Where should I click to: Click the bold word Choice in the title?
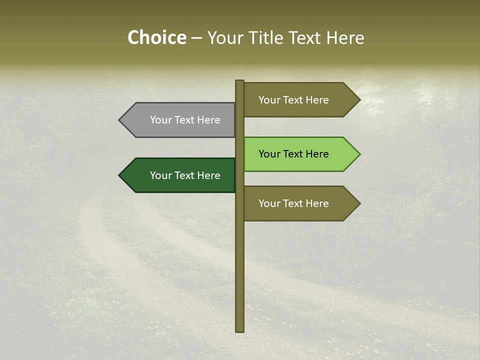pyautogui.click(x=156, y=37)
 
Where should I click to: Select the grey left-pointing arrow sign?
pyautogui.click(x=180, y=120)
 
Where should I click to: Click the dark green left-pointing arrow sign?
pyautogui.click(x=180, y=175)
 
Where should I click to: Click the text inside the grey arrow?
pyautogui.click(x=185, y=120)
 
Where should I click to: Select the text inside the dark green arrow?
pyautogui.click(x=185, y=175)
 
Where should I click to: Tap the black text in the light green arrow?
pyautogui.click(x=293, y=154)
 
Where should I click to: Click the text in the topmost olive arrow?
pyautogui.click(x=293, y=100)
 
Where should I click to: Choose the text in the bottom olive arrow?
pyautogui.click(x=293, y=203)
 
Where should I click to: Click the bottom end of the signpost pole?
pyautogui.click(x=240, y=329)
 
